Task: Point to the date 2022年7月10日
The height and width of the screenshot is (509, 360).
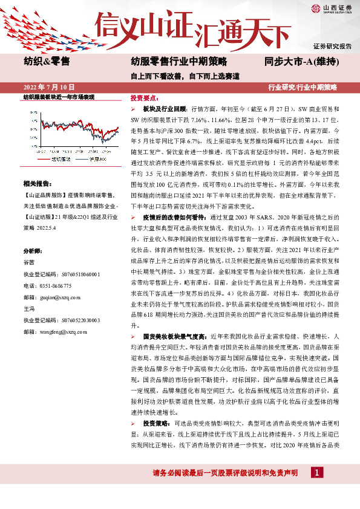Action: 48,88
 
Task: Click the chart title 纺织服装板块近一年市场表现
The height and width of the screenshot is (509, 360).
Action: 59,97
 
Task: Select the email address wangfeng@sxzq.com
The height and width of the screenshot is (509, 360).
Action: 61,331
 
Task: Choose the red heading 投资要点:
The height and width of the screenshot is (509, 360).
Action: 144,97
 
